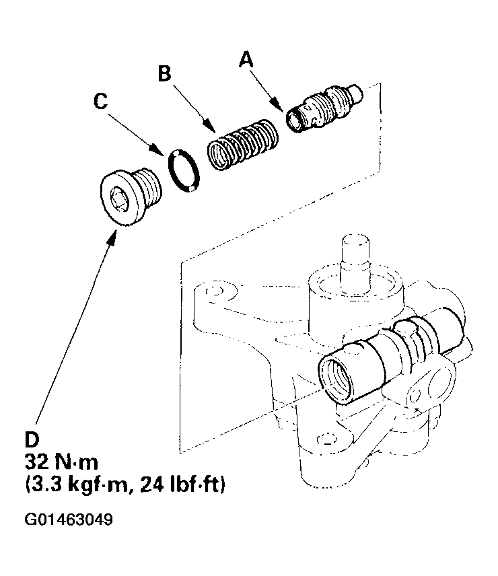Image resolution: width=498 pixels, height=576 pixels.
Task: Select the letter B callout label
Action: [x=164, y=73]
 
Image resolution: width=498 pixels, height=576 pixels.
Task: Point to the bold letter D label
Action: [x=32, y=439]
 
